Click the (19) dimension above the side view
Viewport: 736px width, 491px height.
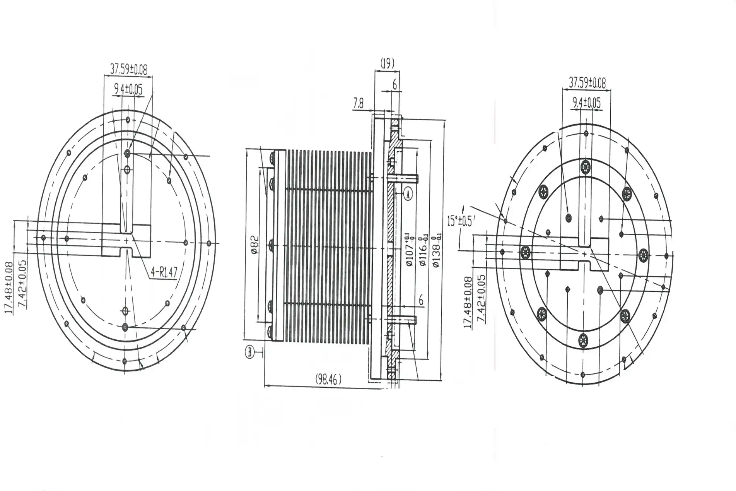pyautogui.click(x=387, y=63)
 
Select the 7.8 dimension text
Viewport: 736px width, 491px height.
pyautogui.click(x=359, y=103)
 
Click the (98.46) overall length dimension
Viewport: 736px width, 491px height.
pyautogui.click(x=329, y=379)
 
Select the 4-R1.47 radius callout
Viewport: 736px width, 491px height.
pyautogui.click(x=164, y=272)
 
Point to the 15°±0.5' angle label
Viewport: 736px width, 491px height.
pyautogui.click(x=460, y=222)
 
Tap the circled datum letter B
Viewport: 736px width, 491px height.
pyautogui.click(x=250, y=352)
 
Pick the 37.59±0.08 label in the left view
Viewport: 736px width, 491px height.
pyautogui.click(x=129, y=70)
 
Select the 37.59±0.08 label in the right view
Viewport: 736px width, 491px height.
pyautogui.click(x=587, y=82)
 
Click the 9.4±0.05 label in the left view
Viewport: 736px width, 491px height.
pyautogui.click(x=128, y=89)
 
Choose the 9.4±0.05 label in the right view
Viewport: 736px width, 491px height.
pyautogui.click(x=586, y=103)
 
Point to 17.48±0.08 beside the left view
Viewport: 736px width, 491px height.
pyautogui.click(x=10, y=288)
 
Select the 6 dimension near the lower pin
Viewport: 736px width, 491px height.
pyautogui.click(x=421, y=300)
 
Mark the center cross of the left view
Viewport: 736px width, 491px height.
pyautogui.click(x=126, y=241)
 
